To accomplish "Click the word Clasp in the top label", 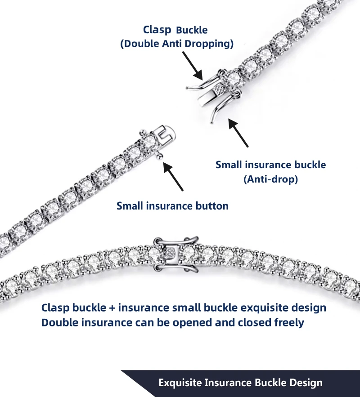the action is point(157,30).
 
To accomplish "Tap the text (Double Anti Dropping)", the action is point(176,44).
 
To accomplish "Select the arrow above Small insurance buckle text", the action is point(238,132).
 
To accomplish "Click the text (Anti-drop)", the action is point(270,179).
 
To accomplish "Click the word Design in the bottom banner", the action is point(306,383).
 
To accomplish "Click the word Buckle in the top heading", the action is point(192,31).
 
